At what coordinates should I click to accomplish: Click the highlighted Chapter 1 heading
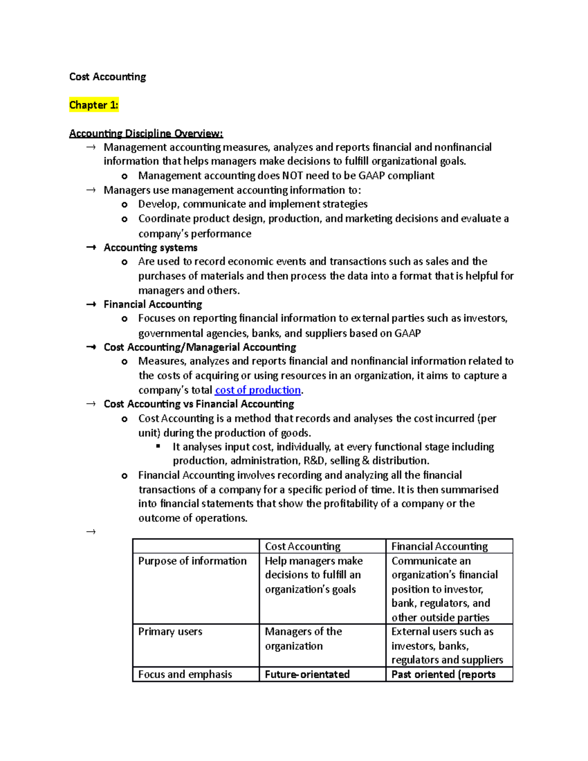(x=94, y=105)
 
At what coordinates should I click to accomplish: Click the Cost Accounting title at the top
(x=107, y=77)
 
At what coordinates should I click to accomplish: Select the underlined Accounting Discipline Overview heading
(x=146, y=133)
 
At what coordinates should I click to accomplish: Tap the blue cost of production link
(x=258, y=390)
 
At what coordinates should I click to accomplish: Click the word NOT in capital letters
(x=292, y=175)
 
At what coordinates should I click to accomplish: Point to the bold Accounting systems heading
(x=150, y=247)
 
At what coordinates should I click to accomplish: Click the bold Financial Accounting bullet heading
(x=153, y=304)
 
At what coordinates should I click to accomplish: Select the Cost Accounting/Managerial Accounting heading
(x=200, y=347)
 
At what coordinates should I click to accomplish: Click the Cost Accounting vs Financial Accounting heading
(x=199, y=404)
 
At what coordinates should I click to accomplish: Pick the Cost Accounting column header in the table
(x=303, y=546)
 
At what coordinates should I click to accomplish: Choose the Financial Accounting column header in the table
(x=440, y=546)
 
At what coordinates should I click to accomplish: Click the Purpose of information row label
(x=192, y=561)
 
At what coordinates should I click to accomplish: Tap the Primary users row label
(x=170, y=632)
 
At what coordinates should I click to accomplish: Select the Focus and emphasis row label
(x=185, y=674)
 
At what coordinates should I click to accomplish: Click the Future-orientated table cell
(x=307, y=674)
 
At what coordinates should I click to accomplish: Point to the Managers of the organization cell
(x=303, y=638)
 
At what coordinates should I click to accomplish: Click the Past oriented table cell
(x=443, y=674)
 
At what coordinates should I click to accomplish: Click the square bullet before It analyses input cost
(x=158, y=446)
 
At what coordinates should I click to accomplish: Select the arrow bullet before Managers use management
(x=91, y=190)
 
